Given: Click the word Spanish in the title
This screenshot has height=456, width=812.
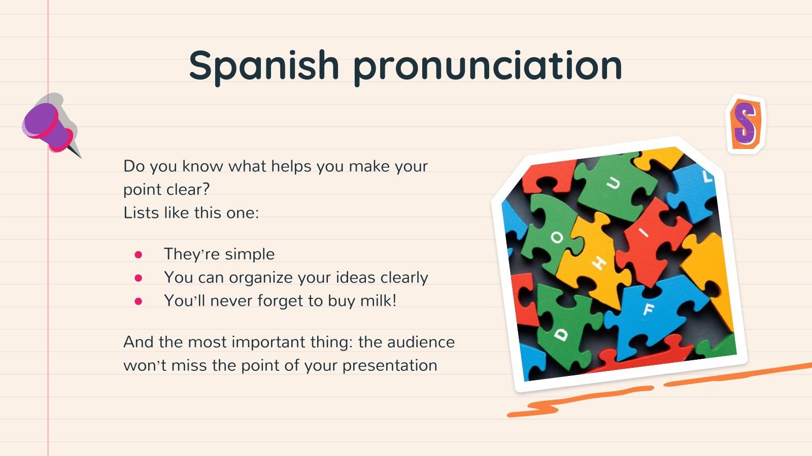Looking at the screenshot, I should (x=263, y=65).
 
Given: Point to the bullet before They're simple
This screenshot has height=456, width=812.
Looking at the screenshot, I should (x=139, y=255).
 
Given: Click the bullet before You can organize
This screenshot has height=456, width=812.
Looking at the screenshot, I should (x=139, y=278).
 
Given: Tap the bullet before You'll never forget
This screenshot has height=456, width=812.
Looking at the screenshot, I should (x=139, y=301).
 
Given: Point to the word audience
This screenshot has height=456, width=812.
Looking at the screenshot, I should (x=421, y=342).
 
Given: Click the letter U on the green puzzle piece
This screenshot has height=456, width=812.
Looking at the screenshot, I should (x=614, y=183).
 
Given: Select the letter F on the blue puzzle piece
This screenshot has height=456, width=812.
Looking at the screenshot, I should (x=648, y=309).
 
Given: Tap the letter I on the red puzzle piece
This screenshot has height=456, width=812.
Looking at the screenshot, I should (x=644, y=233).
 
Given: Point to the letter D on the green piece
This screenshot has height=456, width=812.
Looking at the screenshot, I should (x=561, y=334).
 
